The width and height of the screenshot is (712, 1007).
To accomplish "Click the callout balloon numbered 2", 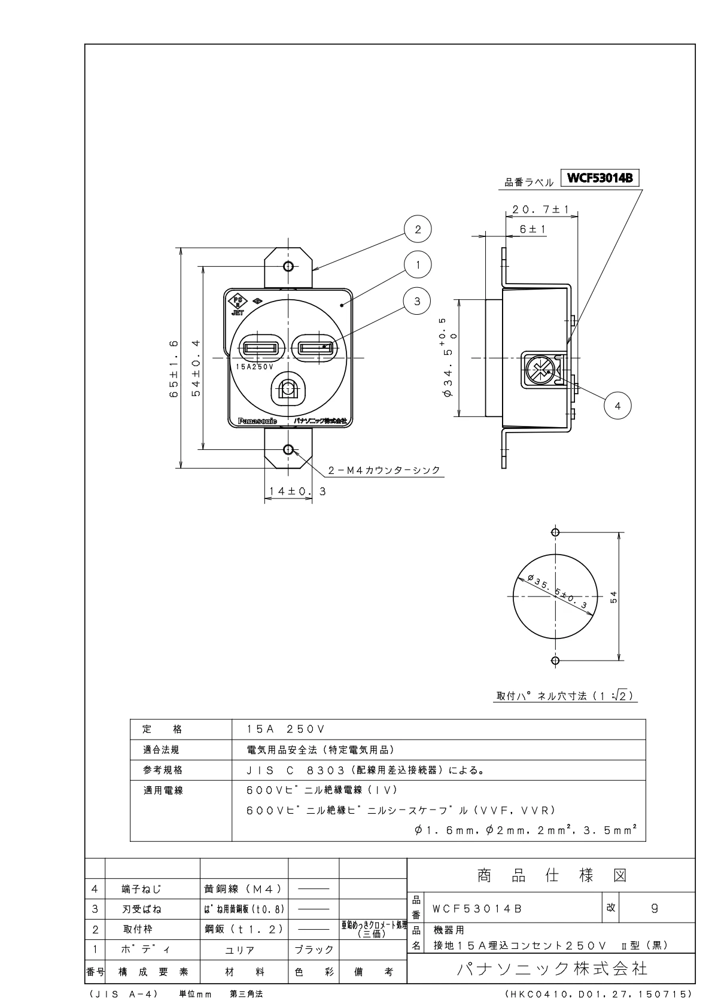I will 418,229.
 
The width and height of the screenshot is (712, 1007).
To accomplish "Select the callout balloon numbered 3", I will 418,301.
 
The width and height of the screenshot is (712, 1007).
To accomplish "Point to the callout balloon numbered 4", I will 618,406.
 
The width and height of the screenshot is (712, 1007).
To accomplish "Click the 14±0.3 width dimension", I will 297,491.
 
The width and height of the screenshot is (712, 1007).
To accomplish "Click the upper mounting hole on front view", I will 288,266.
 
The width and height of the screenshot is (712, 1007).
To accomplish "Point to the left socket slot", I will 260,348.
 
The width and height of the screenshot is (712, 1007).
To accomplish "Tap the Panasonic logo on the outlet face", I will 257,421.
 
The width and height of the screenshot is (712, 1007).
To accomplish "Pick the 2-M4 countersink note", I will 384,470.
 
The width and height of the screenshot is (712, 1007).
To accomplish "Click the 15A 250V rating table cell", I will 285,729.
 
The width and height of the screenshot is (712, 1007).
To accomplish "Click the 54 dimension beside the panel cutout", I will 614,597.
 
